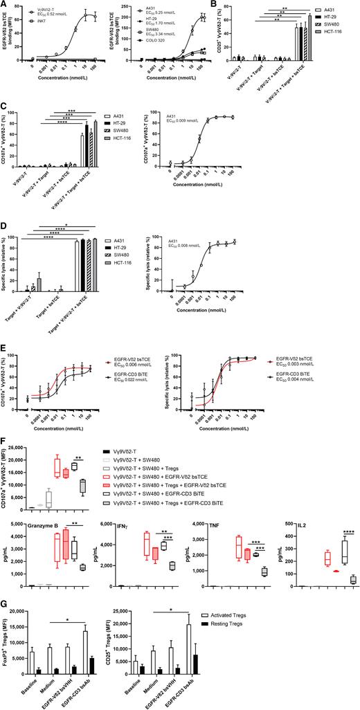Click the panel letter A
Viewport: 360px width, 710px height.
(3, 4)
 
